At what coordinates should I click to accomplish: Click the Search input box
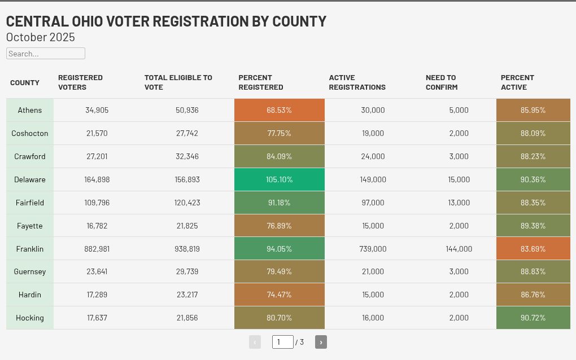pos(45,54)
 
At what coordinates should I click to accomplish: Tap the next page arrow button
pos(321,342)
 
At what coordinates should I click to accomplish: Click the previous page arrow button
pos(255,342)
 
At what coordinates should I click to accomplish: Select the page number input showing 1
pos(282,342)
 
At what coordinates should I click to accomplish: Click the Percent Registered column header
pos(260,82)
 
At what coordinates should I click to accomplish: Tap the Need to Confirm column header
pos(441,82)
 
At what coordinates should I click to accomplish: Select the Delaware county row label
pos(30,179)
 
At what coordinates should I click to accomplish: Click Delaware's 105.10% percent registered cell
pos(279,179)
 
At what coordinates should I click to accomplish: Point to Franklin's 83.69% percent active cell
pos(533,249)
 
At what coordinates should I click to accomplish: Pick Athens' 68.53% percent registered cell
pos(279,110)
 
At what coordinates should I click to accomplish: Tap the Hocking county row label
pos(30,318)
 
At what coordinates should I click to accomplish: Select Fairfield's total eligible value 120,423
pos(187,203)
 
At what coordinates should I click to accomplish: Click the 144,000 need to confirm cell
pos(459,249)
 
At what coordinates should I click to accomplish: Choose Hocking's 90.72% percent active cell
pos(533,318)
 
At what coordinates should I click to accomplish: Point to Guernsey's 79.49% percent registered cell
pos(279,271)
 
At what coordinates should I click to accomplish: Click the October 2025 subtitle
pos(41,37)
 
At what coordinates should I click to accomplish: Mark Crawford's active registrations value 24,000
pos(373,156)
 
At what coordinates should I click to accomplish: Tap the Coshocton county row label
pos(30,133)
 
